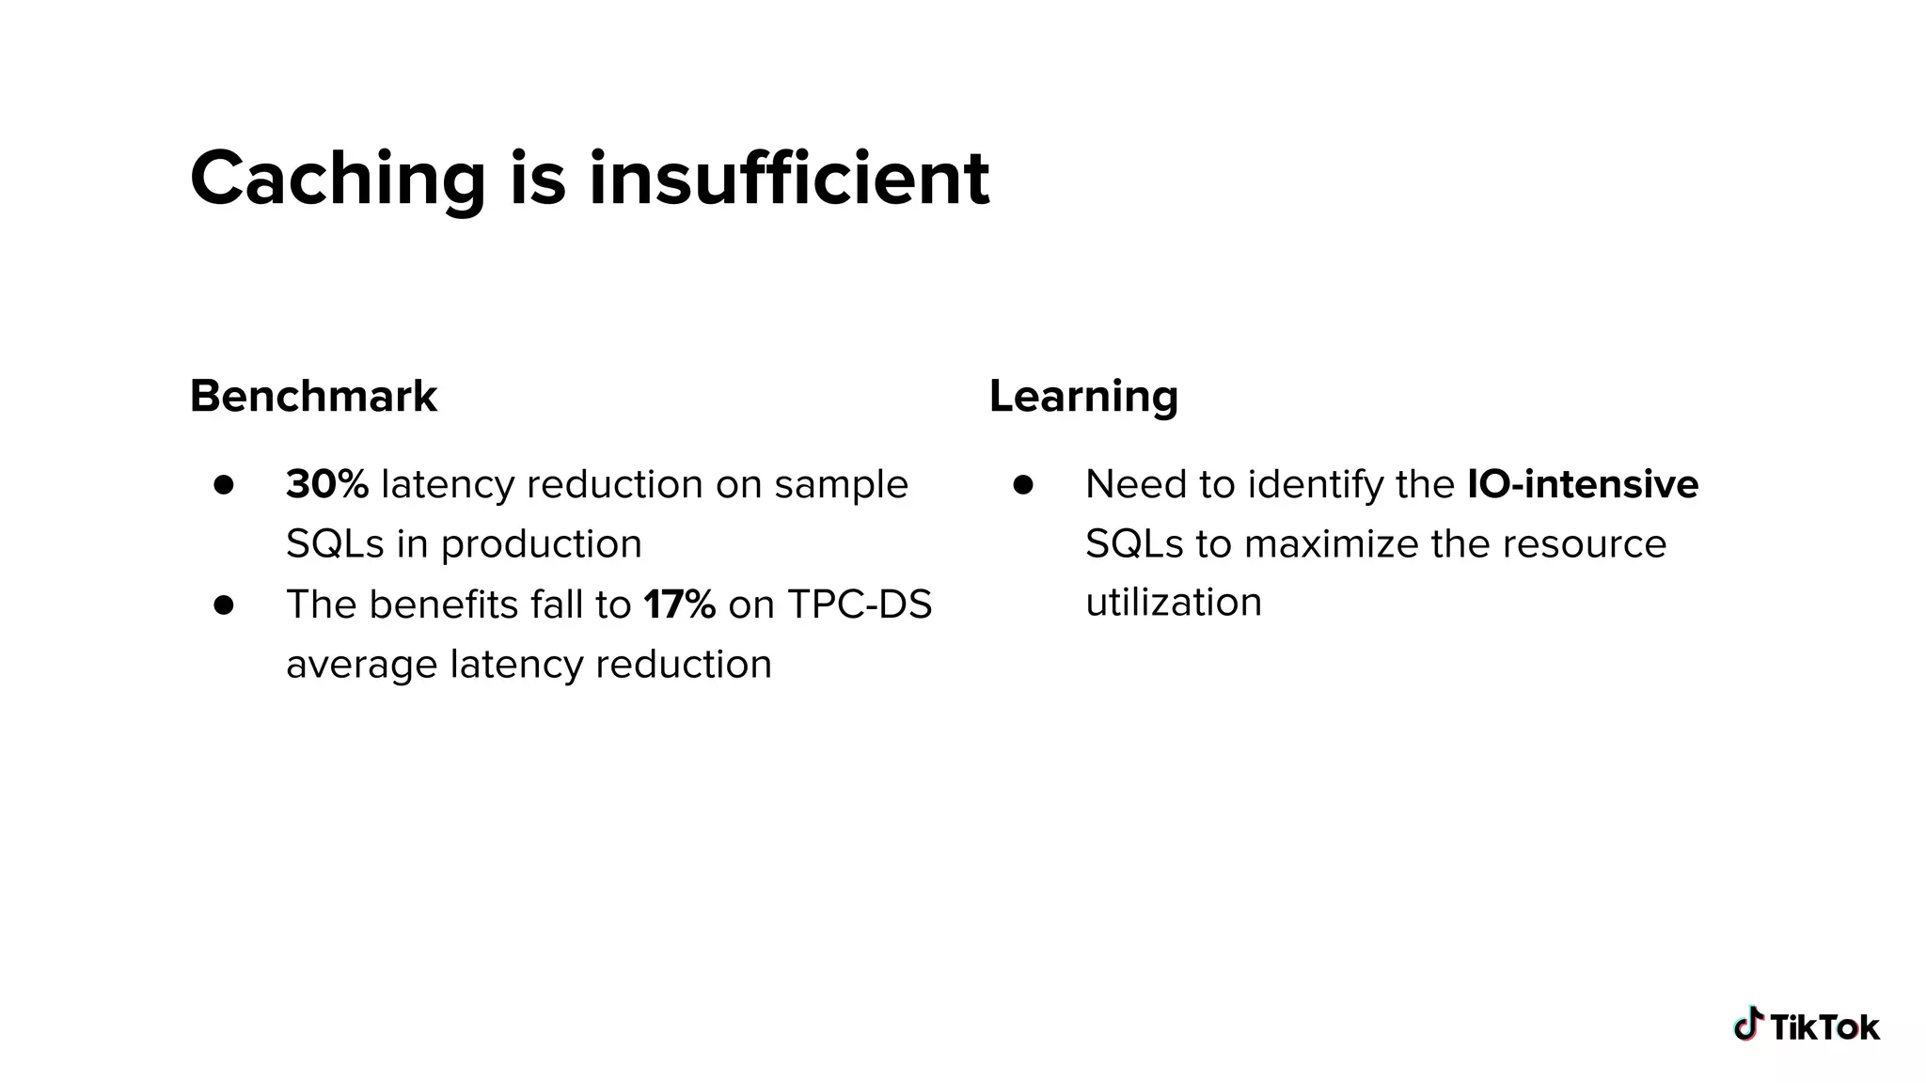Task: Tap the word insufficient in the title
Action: coord(789,179)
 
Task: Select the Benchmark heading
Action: coord(313,396)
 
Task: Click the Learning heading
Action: coord(1083,396)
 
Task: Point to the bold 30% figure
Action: coord(326,484)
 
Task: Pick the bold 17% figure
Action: coord(679,604)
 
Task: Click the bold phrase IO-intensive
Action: coord(1583,484)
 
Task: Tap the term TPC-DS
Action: coord(860,604)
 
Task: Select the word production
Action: coord(541,544)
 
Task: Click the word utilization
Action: coord(1174,602)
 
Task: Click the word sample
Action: coord(842,485)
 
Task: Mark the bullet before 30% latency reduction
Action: coord(224,485)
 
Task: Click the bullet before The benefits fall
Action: coord(224,604)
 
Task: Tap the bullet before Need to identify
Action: coord(1023,485)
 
